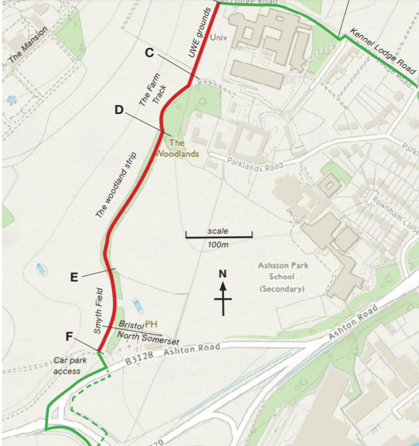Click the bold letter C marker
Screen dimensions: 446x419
[x=150, y=53]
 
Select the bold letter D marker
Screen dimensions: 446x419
[x=119, y=110]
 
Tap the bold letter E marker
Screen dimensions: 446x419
[x=74, y=277]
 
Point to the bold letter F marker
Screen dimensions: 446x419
[x=69, y=336]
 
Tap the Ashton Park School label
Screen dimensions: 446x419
[x=282, y=277]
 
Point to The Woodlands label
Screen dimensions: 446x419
[x=178, y=148]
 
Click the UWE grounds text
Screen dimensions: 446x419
[x=199, y=32]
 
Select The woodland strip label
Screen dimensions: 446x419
[x=117, y=185]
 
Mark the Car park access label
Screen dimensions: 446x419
[x=68, y=365]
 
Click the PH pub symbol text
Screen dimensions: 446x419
[x=151, y=324]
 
